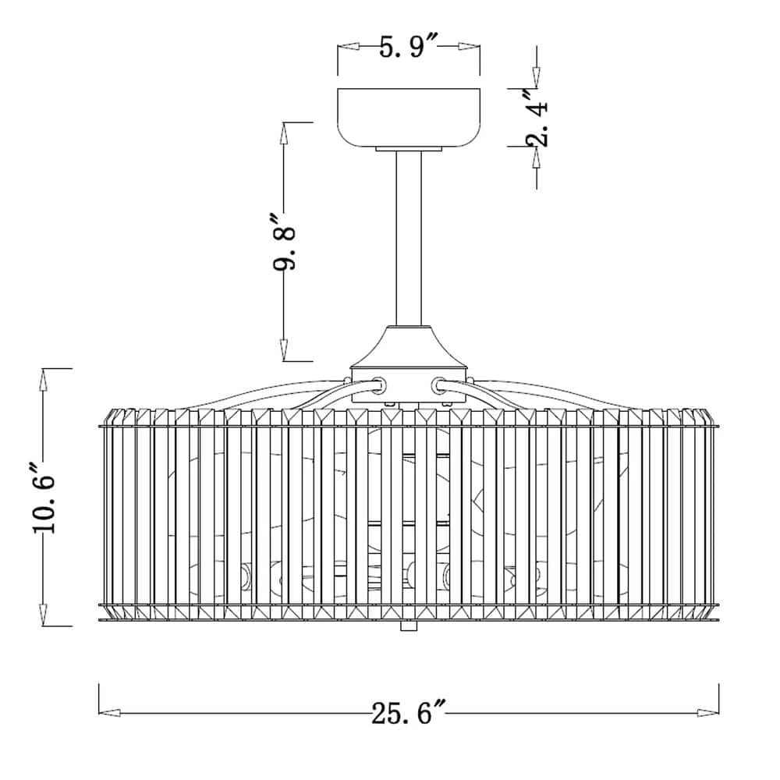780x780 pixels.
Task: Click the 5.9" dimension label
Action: [x=409, y=47]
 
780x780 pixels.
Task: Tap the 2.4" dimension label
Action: [x=537, y=118]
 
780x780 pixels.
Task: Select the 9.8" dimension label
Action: [x=285, y=243]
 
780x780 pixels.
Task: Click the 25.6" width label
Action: [x=409, y=713]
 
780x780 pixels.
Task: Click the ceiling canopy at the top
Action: [x=409, y=119]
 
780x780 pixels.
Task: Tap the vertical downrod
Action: [x=409, y=238]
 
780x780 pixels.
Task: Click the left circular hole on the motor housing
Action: [x=380, y=384]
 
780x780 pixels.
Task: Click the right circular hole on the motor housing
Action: [x=438, y=384]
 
